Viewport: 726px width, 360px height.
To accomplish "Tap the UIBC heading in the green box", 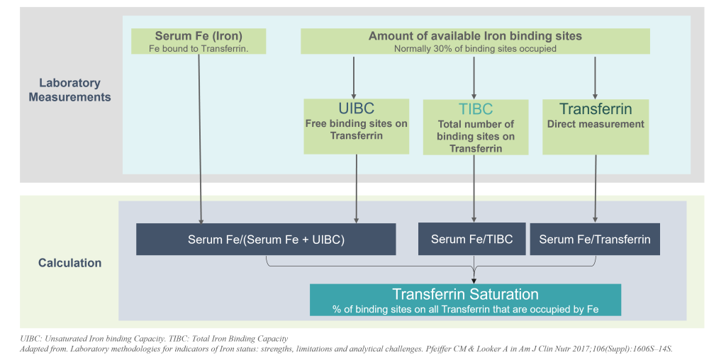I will coord(356,109).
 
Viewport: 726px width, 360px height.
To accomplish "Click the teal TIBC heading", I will coord(474,109).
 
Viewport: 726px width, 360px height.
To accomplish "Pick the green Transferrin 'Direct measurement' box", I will coord(596,126).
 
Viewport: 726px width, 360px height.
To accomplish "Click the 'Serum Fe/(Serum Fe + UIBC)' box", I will coord(266,240).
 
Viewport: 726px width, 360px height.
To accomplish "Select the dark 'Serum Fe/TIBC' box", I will coord(471,240).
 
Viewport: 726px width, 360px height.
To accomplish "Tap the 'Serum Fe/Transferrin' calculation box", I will coord(595,240).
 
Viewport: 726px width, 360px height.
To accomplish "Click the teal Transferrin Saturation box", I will coord(465,300).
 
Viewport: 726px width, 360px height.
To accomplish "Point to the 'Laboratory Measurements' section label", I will coord(69,90).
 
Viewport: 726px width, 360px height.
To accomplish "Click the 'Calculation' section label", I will coord(69,263).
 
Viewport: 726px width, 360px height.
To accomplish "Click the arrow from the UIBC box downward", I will coord(356,188).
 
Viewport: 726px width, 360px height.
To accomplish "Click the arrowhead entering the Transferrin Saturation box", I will coord(474,279).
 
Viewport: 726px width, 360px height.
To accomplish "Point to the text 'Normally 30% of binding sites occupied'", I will coord(475,49).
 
